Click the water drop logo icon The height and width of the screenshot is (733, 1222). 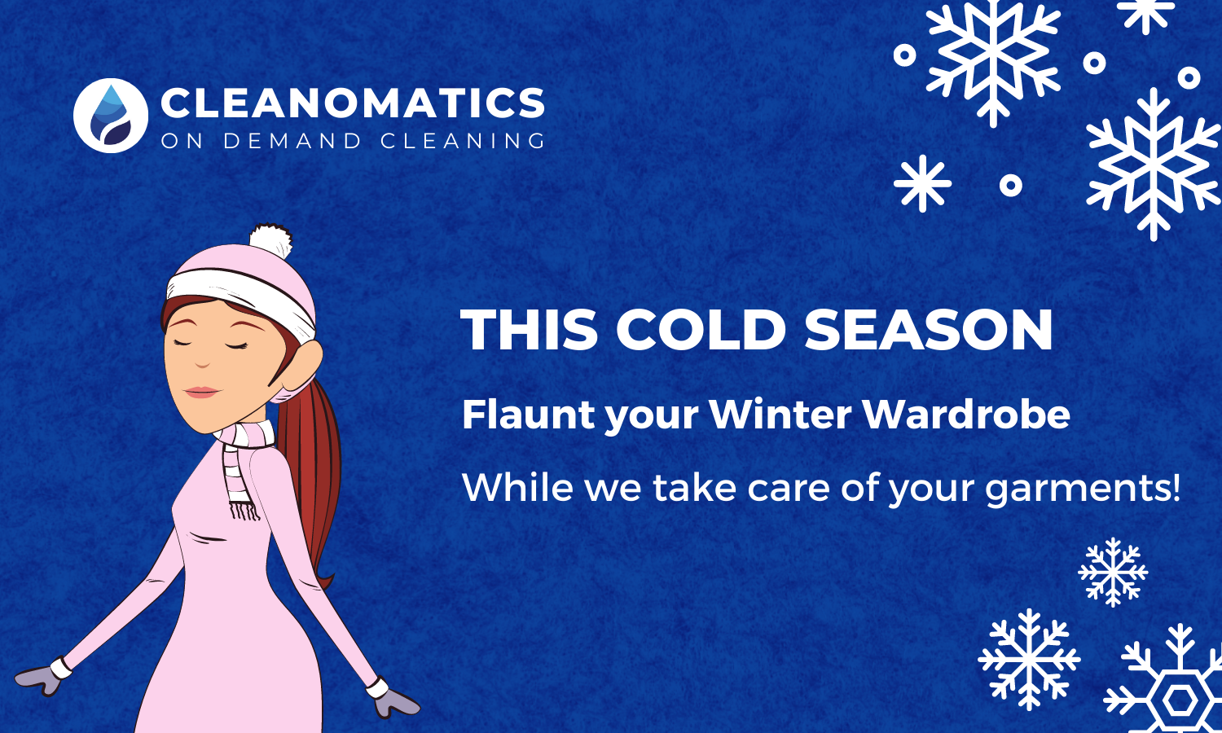tap(111, 116)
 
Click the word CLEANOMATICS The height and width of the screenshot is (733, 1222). tap(353, 103)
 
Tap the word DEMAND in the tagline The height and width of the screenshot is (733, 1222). tap(292, 141)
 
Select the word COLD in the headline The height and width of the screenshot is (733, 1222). tap(701, 329)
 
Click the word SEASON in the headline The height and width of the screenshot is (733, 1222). tap(929, 329)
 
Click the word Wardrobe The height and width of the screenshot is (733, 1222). tap(966, 415)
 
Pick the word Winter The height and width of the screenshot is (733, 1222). tap(780, 415)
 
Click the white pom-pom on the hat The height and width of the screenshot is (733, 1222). tap(271, 241)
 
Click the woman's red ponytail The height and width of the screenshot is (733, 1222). tap(314, 480)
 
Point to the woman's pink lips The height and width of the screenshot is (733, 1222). tap(201, 392)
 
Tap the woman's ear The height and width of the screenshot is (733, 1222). tap(306, 366)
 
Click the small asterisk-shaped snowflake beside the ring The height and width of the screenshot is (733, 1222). tap(922, 184)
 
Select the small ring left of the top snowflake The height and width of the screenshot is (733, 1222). tap(904, 55)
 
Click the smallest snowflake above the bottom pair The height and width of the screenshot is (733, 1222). tap(1113, 572)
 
